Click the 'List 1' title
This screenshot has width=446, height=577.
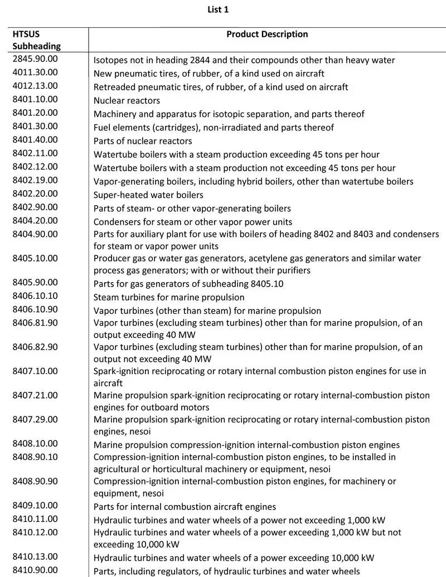tap(218, 9)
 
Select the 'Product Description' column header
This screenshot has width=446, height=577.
tap(267, 35)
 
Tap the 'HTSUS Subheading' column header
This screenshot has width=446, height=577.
tap(36, 40)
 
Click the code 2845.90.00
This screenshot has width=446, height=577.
tap(35, 59)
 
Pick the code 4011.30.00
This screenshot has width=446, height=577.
tap(35, 72)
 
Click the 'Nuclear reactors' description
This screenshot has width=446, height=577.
tap(127, 101)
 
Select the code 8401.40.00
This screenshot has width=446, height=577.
tap(35, 140)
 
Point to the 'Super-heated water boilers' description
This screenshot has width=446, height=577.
tap(148, 195)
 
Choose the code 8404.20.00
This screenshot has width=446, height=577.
tap(35, 221)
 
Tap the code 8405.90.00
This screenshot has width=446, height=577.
tap(35, 283)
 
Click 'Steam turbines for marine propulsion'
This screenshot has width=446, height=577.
tap(169, 297)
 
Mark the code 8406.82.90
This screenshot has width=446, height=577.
tap(35, 347)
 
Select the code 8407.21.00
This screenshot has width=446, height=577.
tap(35, 395)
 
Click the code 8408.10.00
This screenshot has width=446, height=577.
tap(35, 444)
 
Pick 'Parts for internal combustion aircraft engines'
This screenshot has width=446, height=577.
tap(185, 507)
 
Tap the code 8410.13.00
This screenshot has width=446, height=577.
tap(35, 556)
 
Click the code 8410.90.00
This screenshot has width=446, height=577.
tap(35, 570)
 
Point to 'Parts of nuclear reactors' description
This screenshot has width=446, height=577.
tap(143, 141)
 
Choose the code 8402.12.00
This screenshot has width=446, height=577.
tap(35, 167)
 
